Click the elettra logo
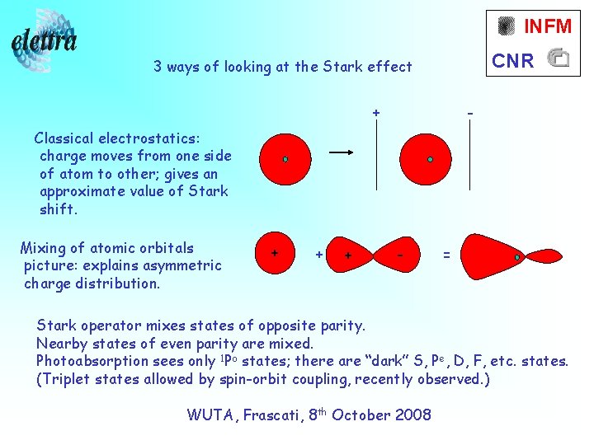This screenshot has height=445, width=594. tap(45, 41)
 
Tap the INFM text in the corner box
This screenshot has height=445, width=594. tap(547, 26)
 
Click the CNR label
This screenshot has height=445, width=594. tap(513, 60)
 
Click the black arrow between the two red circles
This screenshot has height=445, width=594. tap(342, 152)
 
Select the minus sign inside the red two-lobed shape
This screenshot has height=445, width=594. tap(399, 255)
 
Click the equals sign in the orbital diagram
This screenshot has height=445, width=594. tap(446, 255)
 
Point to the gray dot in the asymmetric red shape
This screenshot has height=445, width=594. tap(517, 258)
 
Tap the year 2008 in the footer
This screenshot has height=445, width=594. tap(412, 415)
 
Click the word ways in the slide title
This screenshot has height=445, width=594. tap(186, 67)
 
